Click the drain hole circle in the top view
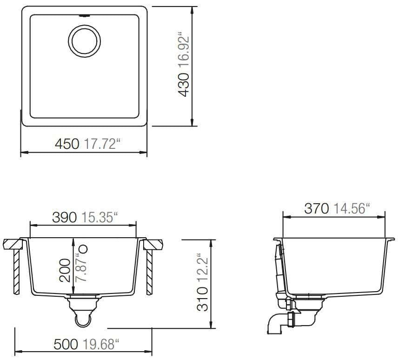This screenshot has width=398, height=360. pyautogui.click(x=85, y=40)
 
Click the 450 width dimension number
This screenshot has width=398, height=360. pyautogui.click(x=67, y=144)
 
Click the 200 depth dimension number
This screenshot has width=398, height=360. pyautogui.click(x=65, y=271)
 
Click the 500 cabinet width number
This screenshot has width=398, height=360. pyautogui.click(x=66, y=345)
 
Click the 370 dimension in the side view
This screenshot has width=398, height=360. pyautogui.click(x=317, y=208)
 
